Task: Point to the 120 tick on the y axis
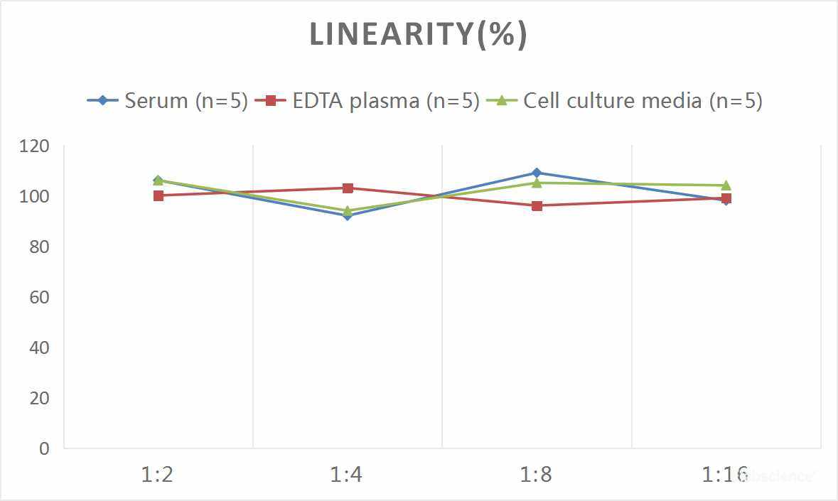coord(36,146)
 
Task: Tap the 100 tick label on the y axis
coord(36,196)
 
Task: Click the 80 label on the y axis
coord(40,247)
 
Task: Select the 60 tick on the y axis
coord(40,297)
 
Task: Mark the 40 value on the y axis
coord(40,348)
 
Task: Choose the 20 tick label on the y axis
coord(40,398)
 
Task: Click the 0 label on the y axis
coord(45,448)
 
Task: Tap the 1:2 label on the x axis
coord(158,474)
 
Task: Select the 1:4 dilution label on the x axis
coord(347,474)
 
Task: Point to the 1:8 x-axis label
coord(537,474)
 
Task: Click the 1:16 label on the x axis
coord(725,474)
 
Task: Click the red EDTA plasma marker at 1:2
coord(158,195)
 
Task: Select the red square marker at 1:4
coord(348,188)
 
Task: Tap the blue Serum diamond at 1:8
coord(537,173)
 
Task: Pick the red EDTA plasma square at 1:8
coord(537,206)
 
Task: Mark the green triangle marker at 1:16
coord(726,185)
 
